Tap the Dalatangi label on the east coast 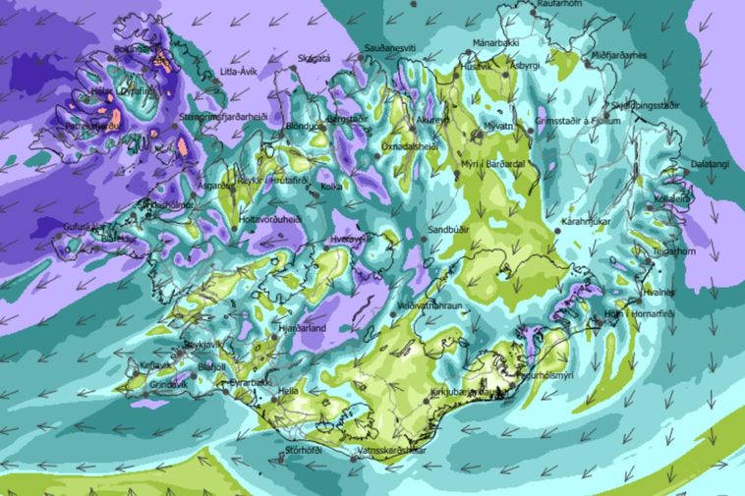point(710,164)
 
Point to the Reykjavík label point(203,346)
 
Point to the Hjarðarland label point(302,329)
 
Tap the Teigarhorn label point(676,249)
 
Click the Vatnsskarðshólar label point(391,450)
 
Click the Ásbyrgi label point(525,65)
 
